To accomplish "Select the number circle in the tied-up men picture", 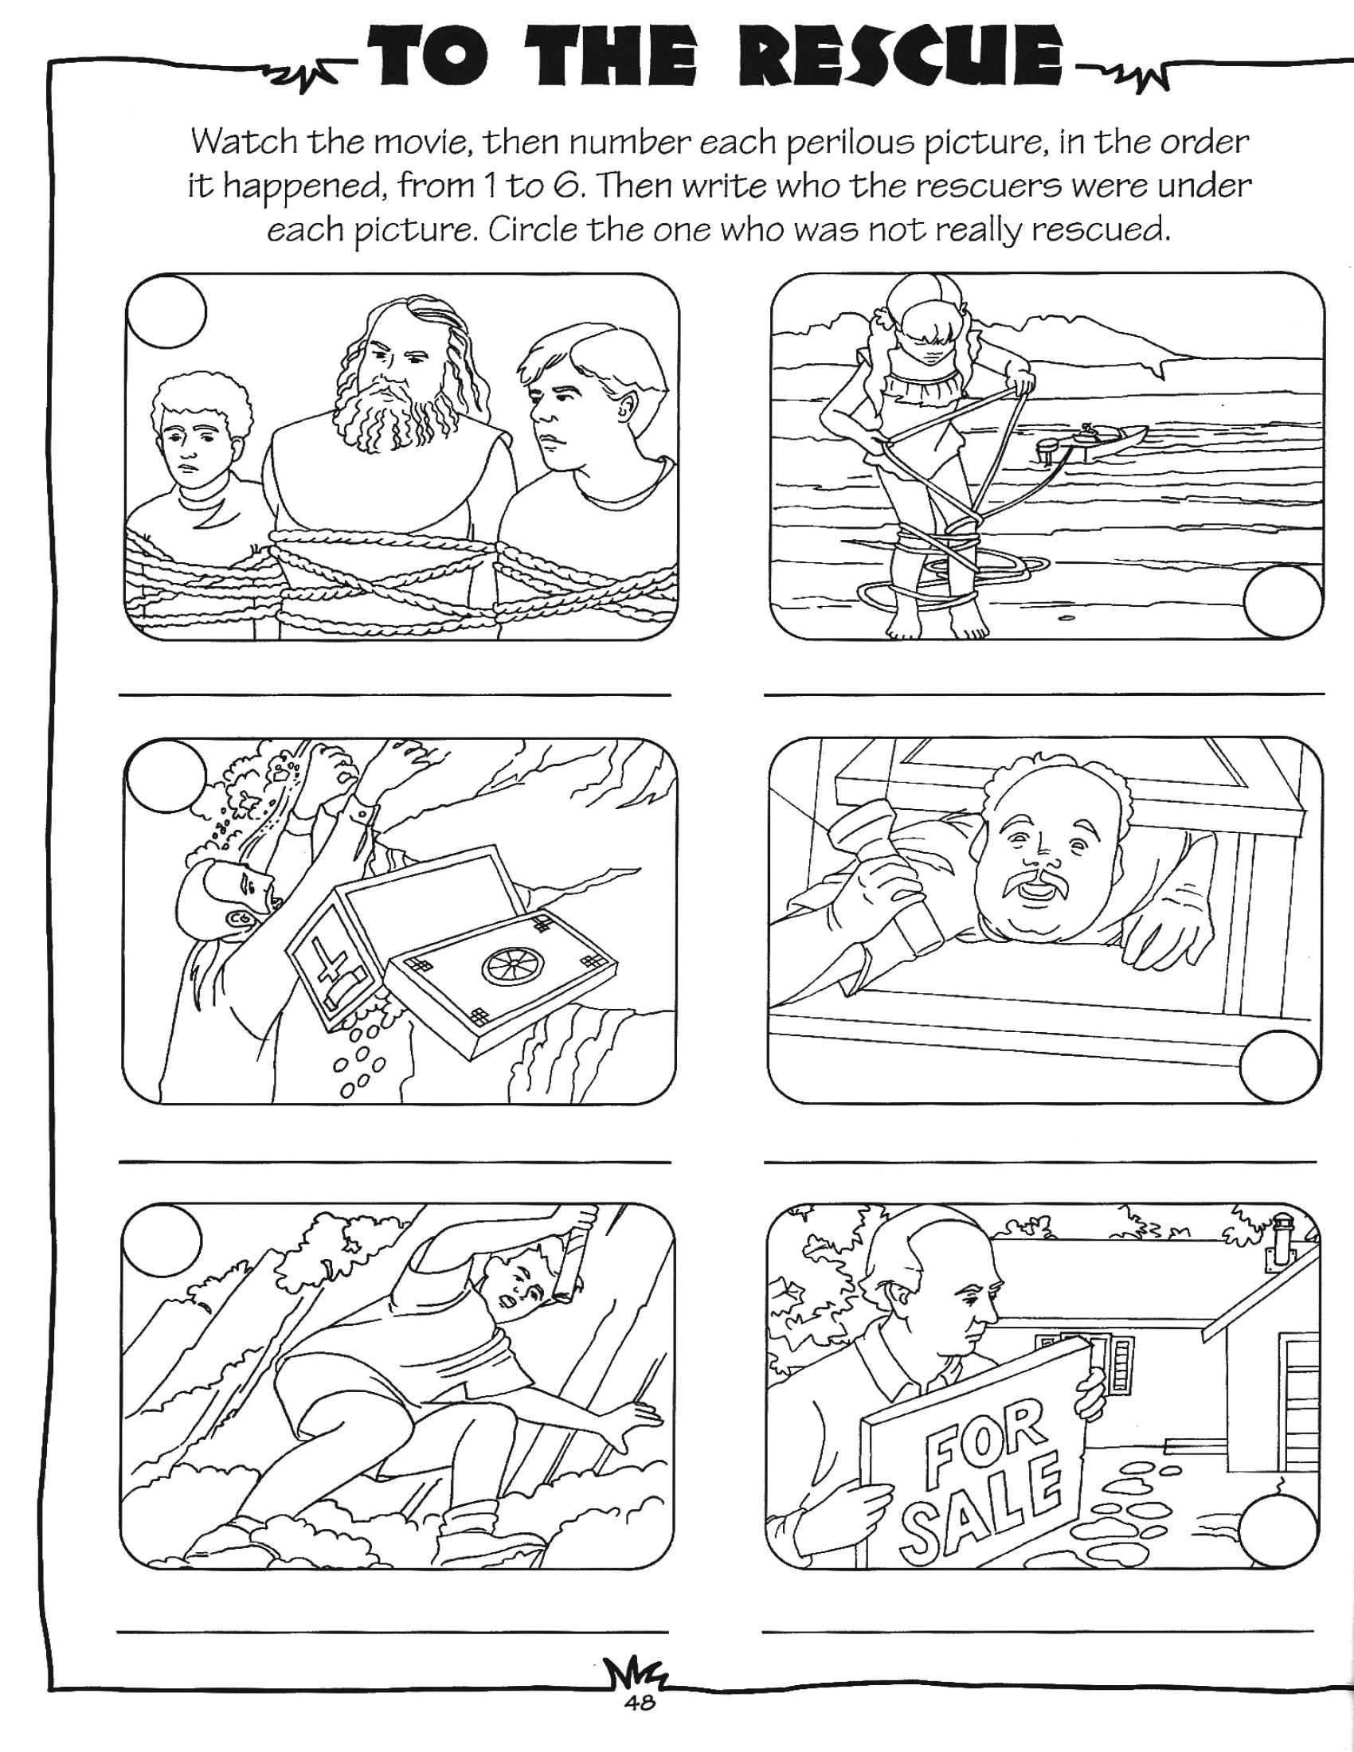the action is pos(166,312).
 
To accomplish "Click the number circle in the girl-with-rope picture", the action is pos(1283,600).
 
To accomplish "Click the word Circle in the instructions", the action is pos(532,231).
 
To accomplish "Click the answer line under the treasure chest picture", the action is pos(394,1161).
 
